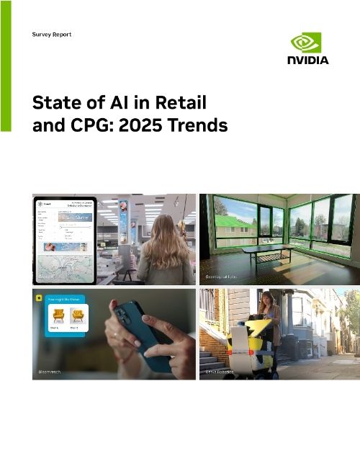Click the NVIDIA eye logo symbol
(310, 42)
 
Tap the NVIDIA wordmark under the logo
(310, 61)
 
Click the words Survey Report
(52, 35)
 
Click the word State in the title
(55, 102)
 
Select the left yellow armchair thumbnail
(55, 314)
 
